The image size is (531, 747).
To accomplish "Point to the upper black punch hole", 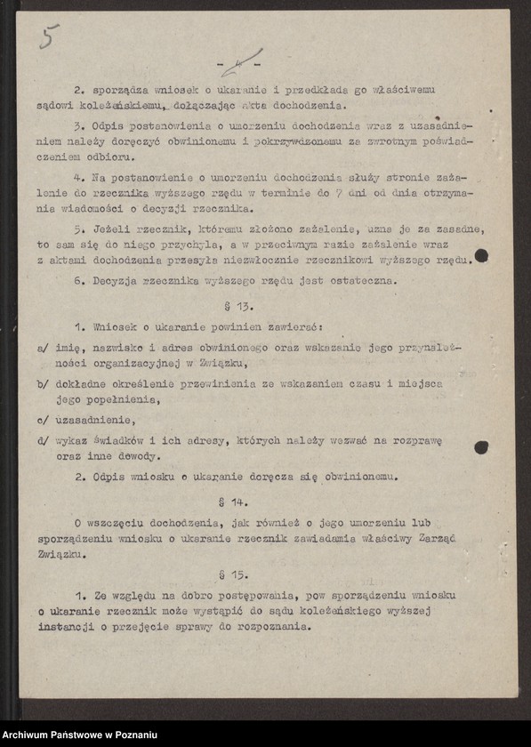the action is pos(481,256).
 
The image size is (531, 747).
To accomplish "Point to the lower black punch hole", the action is pos(481,446).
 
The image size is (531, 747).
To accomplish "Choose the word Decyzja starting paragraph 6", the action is pos(116,281).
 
